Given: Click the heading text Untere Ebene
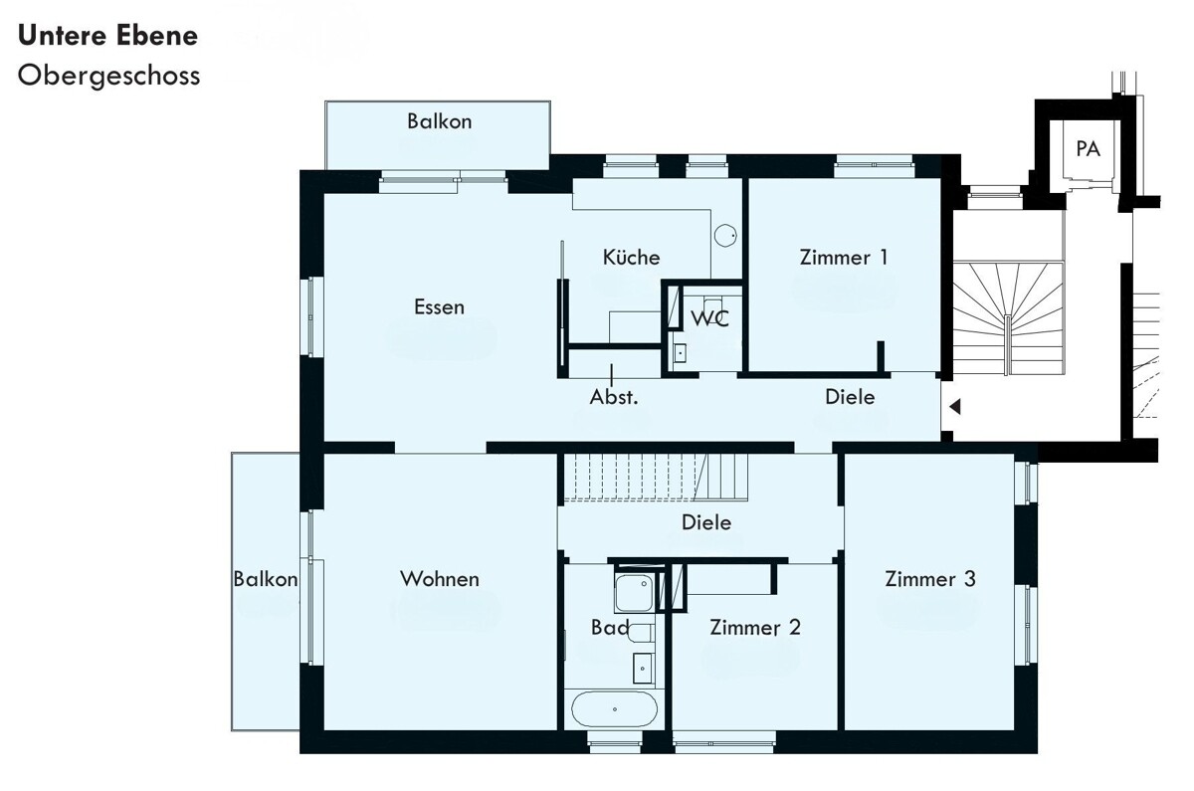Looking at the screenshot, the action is pos(107,36).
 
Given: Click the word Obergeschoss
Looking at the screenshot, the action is pos(108,77).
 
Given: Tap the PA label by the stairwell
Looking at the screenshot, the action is pos(1088,148).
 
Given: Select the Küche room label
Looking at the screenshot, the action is pos(631,258).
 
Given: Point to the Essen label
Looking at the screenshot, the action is pos(439,307).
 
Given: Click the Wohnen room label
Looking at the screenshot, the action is pos(440,579).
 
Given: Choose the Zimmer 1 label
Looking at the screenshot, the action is pos(844,258).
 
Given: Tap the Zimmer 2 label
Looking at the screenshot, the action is pos(755,628).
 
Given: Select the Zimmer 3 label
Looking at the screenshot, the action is pos(930,579).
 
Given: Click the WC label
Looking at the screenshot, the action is pos(710,318).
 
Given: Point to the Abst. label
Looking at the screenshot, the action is pos(614,397).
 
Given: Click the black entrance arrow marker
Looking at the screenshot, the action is pos(954,407).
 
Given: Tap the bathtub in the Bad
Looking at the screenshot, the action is pos(615,708).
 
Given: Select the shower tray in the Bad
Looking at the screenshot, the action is pos(634,593).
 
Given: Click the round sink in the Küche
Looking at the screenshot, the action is pos(725,235).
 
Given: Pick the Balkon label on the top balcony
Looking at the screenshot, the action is pos(439,121).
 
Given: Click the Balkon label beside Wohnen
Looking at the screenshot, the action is pos(266,579).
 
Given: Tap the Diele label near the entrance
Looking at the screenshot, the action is pos(850,397).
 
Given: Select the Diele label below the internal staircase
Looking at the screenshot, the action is pos(706,522).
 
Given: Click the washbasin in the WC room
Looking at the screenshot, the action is pos(680,353).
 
